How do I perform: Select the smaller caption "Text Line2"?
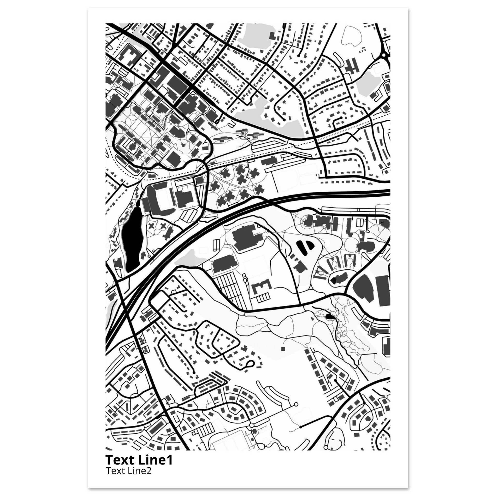coord(128,471)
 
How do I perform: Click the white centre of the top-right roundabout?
coord(384,55)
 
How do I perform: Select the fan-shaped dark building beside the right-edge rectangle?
coord(362,287)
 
